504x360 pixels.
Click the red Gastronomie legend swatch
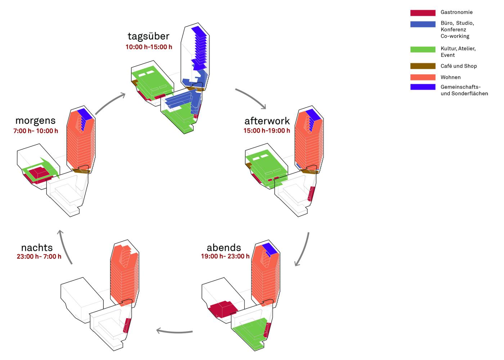coord(423,13)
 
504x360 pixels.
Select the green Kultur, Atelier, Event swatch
coord(423,49)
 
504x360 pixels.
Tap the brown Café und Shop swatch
coord(423,66)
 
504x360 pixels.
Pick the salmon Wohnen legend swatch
coord(423,77)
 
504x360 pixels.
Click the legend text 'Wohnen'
coord(450,77)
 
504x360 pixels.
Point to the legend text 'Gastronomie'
coord(456,12)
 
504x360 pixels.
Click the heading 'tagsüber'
coord(148,36)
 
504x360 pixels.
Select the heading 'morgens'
coord(35,121)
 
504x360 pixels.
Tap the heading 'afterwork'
coord(267,121)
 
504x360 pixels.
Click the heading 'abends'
coord(224,248)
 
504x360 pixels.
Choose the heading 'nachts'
coord(37,248)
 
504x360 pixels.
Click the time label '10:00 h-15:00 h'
coord(149,47)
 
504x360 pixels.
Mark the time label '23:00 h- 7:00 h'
coord(39,257)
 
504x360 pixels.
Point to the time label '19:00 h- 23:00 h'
coord(225,257)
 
